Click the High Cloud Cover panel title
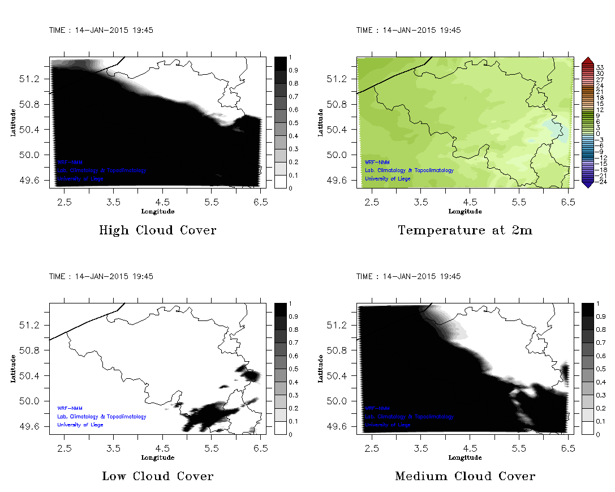(157, 230)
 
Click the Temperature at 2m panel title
(465, 230)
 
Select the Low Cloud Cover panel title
(157, 476)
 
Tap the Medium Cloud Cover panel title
(465, 476)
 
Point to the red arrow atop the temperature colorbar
(587, 60)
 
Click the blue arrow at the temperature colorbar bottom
(587, 183)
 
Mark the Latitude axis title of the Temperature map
(320, 122)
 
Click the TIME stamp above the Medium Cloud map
(408, 276)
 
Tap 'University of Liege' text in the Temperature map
(388, 179)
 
